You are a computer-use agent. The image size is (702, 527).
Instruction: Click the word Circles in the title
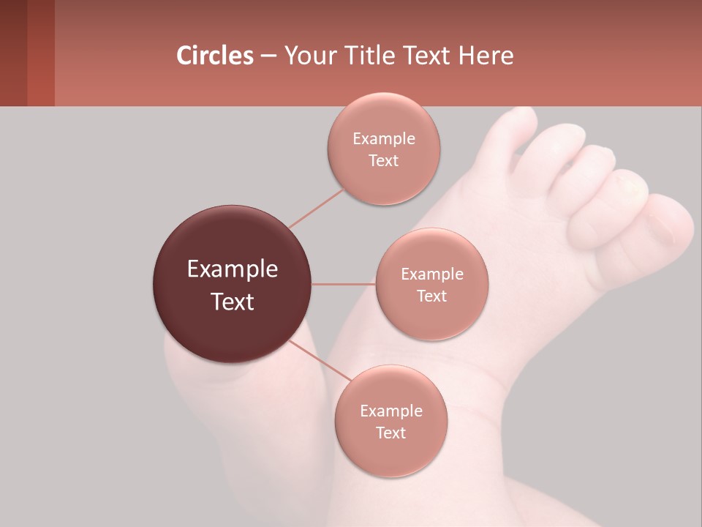pos(215,56)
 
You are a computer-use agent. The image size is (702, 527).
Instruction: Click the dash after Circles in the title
pos(268,56)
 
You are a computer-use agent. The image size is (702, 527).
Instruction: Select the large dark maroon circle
pos(232,284)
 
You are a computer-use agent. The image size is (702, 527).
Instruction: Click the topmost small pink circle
pos(383,149)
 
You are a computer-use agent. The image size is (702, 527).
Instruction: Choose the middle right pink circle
pos(431,284)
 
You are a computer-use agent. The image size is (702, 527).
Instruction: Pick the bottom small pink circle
pos(390,421)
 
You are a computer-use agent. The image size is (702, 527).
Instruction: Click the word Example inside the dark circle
pos(233,269)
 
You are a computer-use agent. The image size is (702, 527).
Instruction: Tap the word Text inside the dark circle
pos(233,302)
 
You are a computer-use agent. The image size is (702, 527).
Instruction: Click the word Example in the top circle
pos(383,138)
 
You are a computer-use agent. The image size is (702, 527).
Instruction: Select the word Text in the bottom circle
pos(390,433)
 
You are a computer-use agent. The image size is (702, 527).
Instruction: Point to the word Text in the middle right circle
pos(431,296)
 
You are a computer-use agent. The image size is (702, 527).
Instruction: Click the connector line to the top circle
pos(316,209)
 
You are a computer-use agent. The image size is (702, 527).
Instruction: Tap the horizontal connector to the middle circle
pos(343,284)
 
